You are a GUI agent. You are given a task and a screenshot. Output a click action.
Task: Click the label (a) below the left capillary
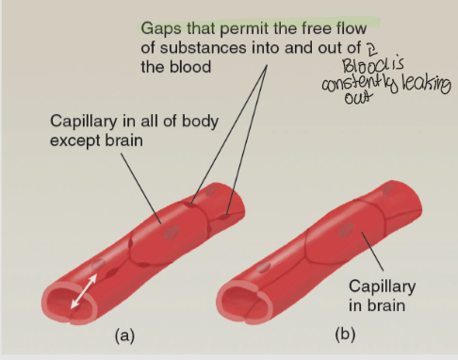coord(123,335)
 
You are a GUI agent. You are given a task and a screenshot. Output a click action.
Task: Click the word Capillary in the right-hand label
coord(383,286)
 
